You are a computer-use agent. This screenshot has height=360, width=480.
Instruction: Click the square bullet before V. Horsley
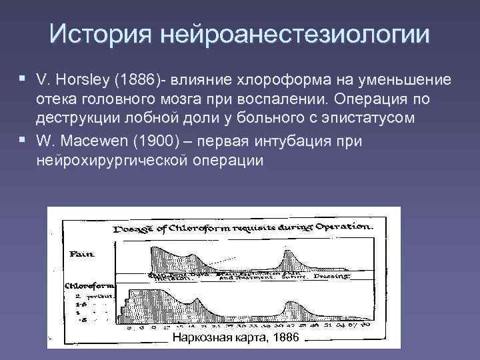pos(23,80)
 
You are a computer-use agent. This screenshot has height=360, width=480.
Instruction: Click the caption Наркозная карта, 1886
pos(236,338)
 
